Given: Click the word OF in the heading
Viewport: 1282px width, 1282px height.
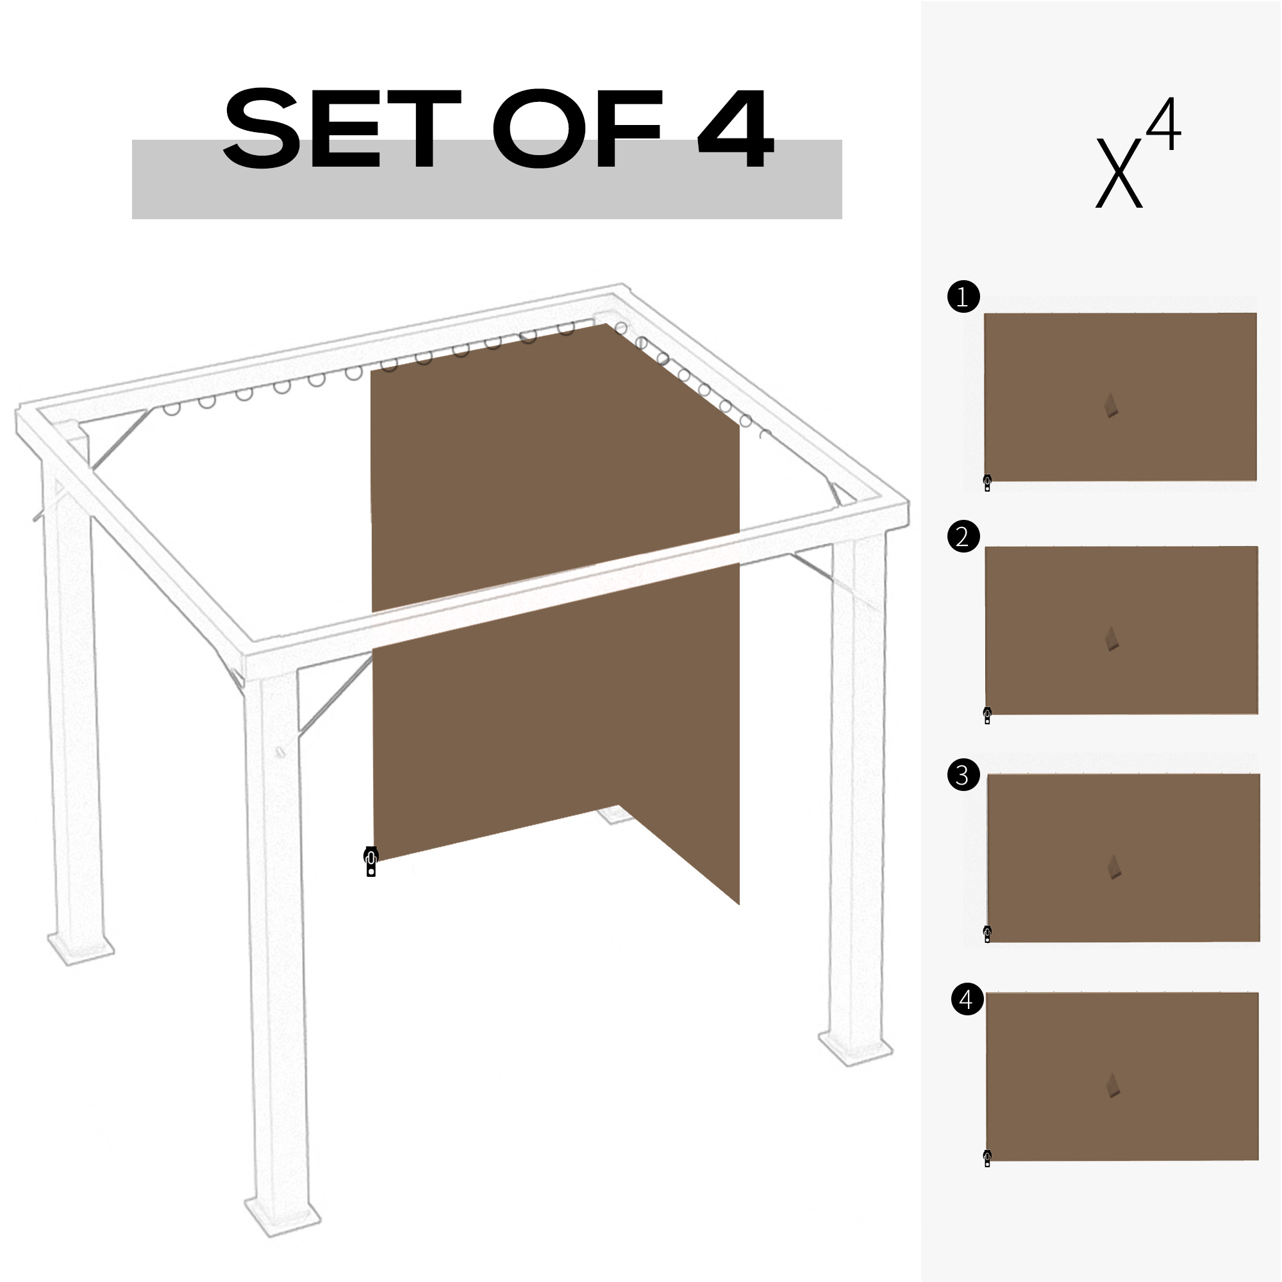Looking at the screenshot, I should tap(578, 129).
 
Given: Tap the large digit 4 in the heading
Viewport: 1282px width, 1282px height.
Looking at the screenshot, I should tap(735, 129).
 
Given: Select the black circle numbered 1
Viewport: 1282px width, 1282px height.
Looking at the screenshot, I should tap(963, 297).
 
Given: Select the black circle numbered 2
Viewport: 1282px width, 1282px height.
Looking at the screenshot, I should tap(963, 536).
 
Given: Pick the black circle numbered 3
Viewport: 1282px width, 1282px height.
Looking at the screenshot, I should tap(963, 775).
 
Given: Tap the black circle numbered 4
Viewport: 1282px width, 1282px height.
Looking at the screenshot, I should tap(967, 999).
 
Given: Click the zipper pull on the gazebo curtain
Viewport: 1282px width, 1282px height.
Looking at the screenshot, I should tap(371, 862).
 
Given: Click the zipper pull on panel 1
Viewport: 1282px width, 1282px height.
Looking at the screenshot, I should tap(987, 483).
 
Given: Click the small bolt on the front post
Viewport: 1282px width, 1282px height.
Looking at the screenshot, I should tap(280, 753).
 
